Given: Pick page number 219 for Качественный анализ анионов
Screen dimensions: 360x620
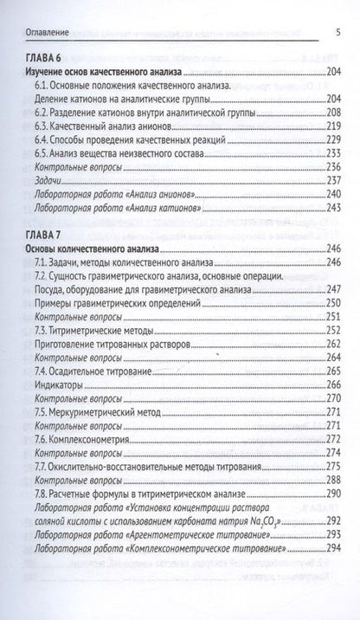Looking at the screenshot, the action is (333, 142).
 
